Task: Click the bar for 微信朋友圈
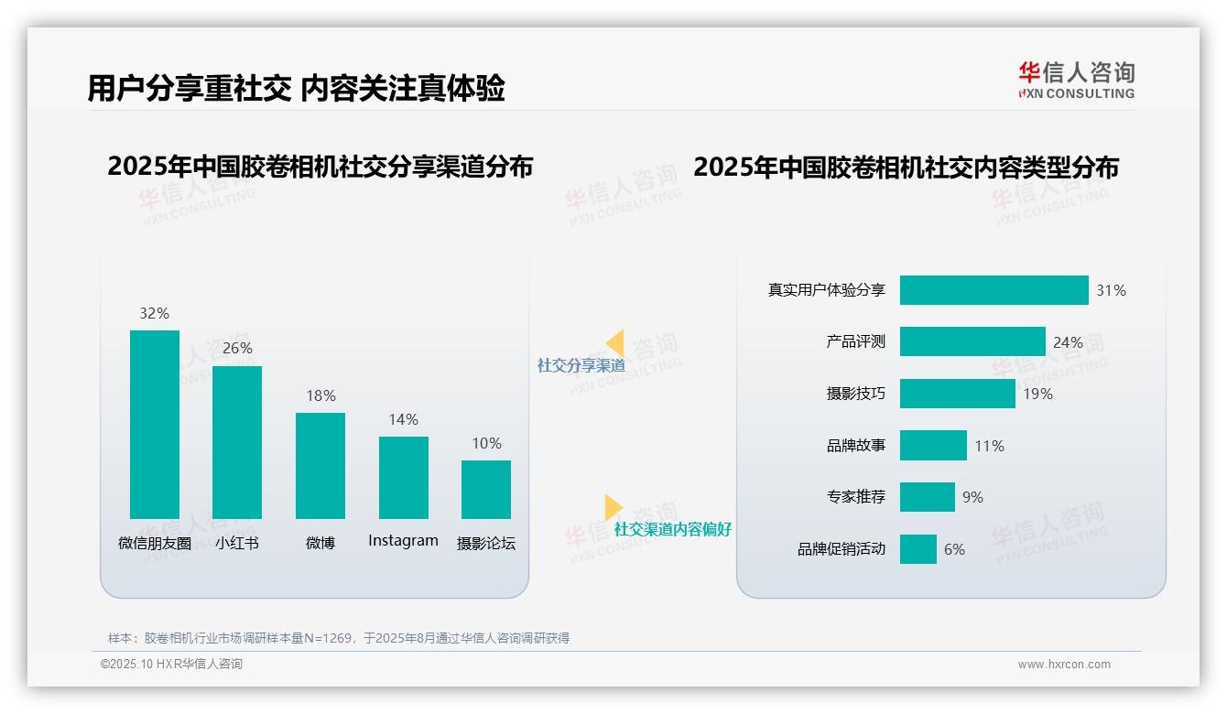(155, 425)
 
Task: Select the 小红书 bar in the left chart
(237, 442)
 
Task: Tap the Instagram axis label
(403, 541)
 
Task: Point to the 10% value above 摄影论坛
(486, 444)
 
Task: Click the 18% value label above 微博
(320, 396)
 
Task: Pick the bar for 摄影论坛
(486, 490)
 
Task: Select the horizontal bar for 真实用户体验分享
(994, 290)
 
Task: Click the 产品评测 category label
(855, 341)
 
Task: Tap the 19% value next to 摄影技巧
(1037, 395)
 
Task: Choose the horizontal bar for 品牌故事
(933, 446)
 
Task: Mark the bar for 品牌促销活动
(918, 549)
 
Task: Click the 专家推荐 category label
(855, 497)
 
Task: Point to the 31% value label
(1111, 291)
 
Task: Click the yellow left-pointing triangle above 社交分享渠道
(615, 343)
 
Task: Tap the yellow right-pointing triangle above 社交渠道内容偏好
(613, 507)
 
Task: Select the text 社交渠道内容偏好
(672, 530)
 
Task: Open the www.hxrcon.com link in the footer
(1064, 665)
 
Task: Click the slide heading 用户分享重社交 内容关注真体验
(296, 89)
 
